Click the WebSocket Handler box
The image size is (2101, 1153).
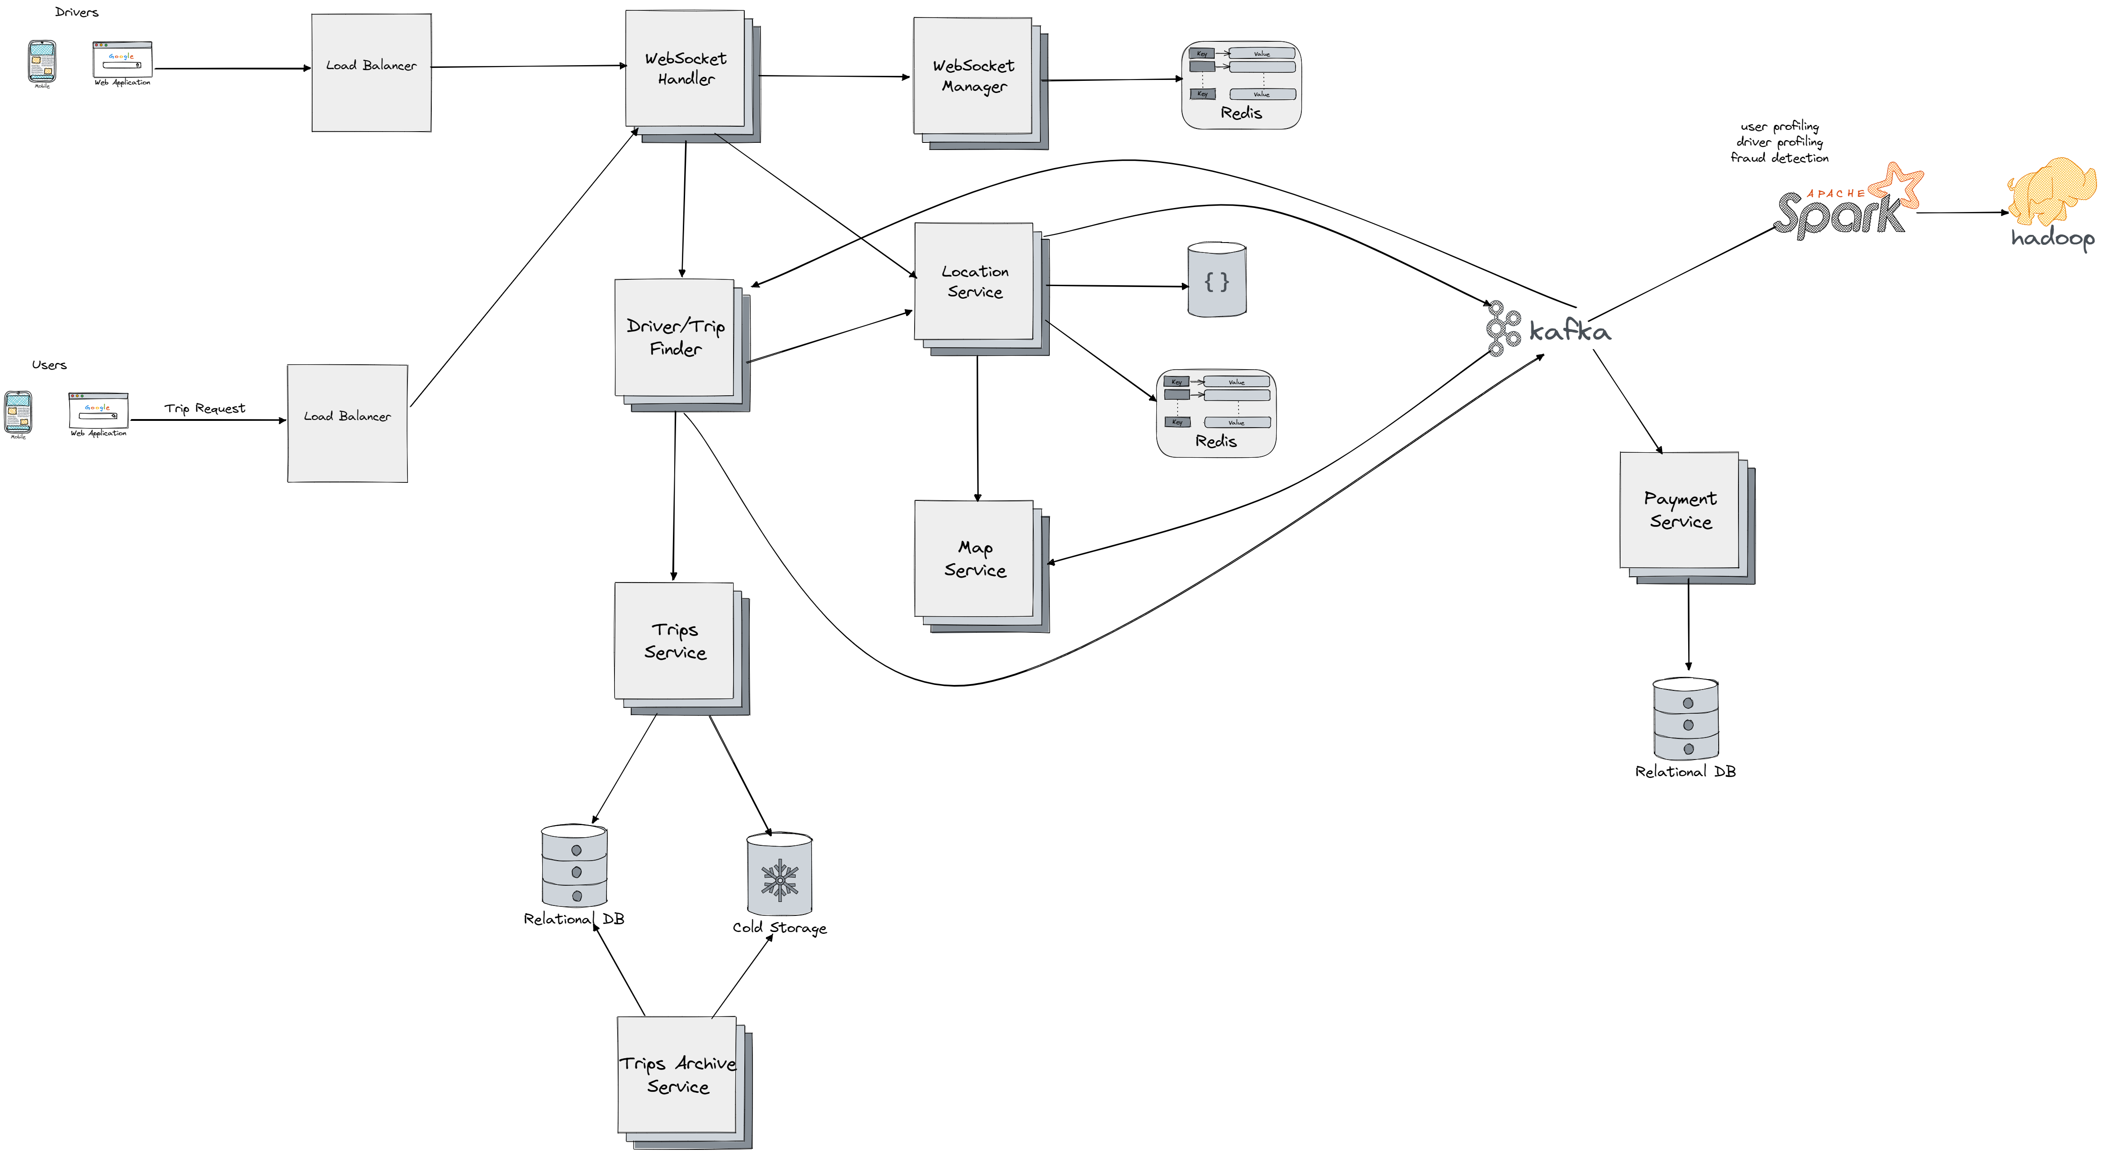pos(685,69)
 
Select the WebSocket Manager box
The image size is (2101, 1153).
pos(973,76)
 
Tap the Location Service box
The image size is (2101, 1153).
pos(974,281)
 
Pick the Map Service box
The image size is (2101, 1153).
pos(974,559)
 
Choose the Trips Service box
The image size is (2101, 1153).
pos(675,641)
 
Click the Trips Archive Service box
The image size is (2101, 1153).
pos(677,1075)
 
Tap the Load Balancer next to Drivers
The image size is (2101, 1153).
pos(371,73)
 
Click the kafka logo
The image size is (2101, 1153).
pos(1548,329)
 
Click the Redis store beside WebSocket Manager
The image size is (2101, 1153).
pos(1241,85)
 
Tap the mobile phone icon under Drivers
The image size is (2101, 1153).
pos(42,62)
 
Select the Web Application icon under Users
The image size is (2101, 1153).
pos(98,412)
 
